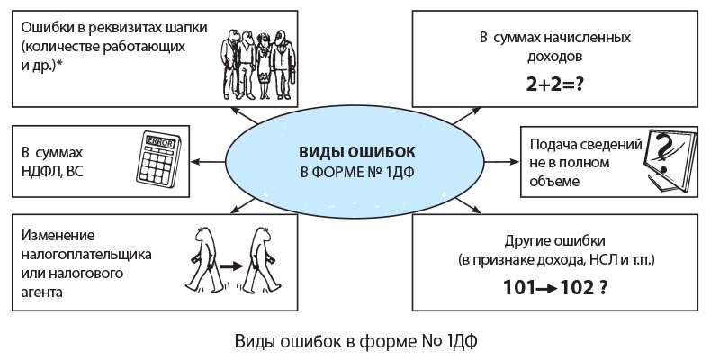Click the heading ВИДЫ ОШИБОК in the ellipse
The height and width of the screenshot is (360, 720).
pyautogui.click(x=358, y=152)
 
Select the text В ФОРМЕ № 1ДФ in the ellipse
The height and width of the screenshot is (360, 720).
pyautogui.click(x=358, y=171)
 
